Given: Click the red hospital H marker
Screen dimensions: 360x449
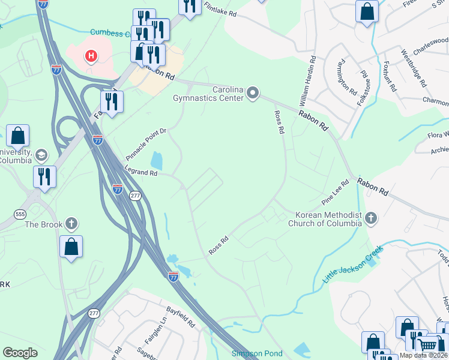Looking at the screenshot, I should pos(91,56).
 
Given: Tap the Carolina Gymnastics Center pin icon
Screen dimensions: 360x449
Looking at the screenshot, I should pos(253,93).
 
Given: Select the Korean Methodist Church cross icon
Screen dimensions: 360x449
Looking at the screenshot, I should pos(371,218).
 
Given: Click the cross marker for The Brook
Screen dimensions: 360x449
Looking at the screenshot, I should pos(71,224).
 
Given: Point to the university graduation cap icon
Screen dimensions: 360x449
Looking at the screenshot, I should pos(41,155).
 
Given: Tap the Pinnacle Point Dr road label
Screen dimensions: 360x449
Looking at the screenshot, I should pos(146,143).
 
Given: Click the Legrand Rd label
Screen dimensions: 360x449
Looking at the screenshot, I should pos(140,173).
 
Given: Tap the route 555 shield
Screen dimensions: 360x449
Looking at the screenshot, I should pos(20,214).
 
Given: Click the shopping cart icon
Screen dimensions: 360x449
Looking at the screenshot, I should pos(427,345).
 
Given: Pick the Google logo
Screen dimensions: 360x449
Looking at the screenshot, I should pos(20,352).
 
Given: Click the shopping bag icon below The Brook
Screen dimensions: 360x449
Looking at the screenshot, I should pos(71,247).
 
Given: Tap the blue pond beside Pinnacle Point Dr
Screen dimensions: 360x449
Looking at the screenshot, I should pos(157,160).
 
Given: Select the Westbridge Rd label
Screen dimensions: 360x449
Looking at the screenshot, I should pos(414,67).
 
